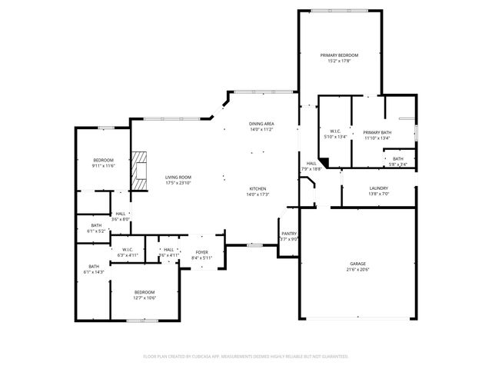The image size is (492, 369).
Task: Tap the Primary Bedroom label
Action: [x=339, y=55]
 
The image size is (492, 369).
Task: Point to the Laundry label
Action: [x=378, y=188]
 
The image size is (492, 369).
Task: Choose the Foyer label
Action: [x=201, y=252]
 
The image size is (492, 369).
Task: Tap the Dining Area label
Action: [x=261, y=124]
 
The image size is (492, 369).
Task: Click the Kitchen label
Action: [x=258, y=189]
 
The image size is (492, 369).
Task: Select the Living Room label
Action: [x=178, y=178]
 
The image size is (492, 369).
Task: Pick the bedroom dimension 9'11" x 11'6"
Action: [x=103, y=165]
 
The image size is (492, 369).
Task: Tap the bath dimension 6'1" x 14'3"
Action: [x=94, y=272]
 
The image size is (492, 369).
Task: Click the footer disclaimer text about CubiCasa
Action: [x=246, y=356]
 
